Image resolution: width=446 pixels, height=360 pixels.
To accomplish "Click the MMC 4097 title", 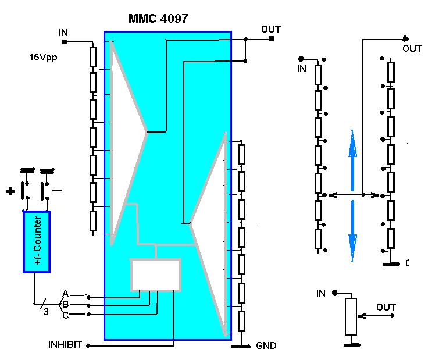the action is pos(158,19).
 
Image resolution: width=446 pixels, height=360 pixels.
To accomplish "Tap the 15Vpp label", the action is pos(43,58).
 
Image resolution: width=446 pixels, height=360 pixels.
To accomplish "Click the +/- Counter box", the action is pos(37,241).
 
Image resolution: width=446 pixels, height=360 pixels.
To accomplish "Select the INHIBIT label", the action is pos(65,345).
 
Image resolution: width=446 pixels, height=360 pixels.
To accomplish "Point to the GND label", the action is pos(266,345).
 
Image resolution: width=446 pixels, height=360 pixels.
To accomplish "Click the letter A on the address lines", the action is pos(66,293).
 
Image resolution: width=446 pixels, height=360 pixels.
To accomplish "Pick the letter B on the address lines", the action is pos(66,305).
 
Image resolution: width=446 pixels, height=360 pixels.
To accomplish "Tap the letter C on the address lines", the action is pos(66,315).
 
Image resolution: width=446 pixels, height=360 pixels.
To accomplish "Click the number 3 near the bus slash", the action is pos(46,312).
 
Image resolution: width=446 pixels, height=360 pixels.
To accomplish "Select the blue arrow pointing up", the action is pos(353,160).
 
